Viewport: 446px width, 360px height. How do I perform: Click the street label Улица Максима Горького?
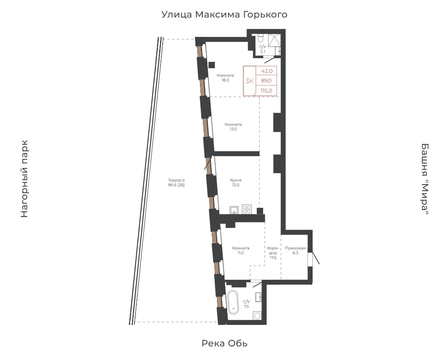(224, 14)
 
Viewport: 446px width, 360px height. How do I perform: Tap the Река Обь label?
(225, 343)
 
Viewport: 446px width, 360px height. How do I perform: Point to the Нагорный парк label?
(25, 179)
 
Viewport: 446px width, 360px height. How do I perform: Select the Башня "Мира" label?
(425, 179)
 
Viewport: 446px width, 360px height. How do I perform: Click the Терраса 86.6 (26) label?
(176, 182)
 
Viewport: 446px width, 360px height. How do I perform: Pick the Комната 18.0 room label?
(225, 78)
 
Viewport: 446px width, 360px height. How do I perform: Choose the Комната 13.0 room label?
(233, 127)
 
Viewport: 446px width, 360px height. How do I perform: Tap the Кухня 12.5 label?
(235, 182)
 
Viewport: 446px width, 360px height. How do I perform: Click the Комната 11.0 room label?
(241, 250)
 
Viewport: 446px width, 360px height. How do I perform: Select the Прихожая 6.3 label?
(295, 250)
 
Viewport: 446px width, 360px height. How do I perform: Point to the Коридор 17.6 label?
(273, 253)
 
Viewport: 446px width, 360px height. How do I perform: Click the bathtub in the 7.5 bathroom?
(233, 302)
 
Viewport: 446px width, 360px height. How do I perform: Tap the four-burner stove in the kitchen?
(246, 209)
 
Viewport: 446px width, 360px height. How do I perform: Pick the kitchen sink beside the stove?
(234, 210)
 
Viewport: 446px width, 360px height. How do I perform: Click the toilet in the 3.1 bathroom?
(261, 38)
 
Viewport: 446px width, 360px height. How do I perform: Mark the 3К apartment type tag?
(250, 81)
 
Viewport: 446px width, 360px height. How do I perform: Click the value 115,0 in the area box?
(266, 91)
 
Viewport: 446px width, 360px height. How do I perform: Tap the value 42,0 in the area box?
(267, 71)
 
